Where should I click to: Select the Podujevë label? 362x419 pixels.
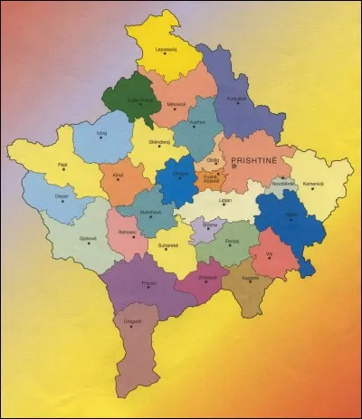[x=237, y=98]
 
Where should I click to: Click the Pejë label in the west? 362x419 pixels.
[x=62, y=165]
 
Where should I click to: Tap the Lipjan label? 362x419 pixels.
[x=225, y=200]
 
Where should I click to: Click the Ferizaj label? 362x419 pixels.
[x=233, y=240]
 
